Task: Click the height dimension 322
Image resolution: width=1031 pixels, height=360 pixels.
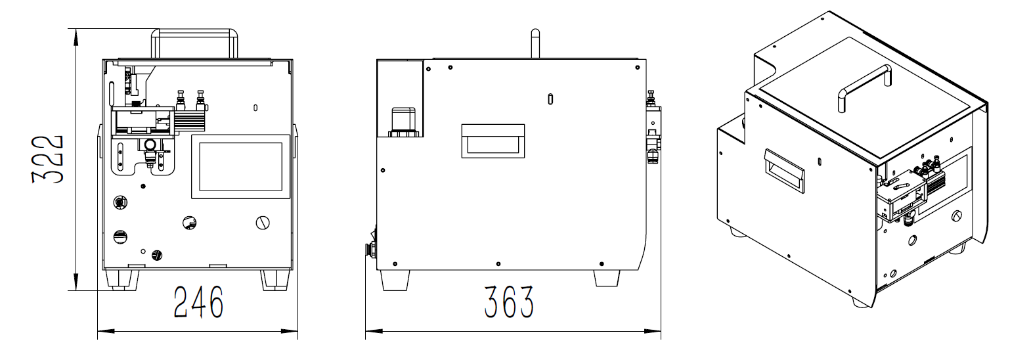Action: pos(47,159)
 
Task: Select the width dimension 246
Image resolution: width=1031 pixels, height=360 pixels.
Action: pos(198,302)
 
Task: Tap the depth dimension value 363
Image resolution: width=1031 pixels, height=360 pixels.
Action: pos(509,302)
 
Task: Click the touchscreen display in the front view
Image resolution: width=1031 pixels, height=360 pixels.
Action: pos(241,167)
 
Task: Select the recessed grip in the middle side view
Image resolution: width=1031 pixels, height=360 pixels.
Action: pos(493,141)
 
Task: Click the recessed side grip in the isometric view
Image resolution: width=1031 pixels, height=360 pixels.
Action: pos(784,170)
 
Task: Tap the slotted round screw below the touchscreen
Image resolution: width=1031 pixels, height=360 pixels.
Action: pos(263,223)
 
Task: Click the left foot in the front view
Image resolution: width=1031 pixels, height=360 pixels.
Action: pos(122,280)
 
